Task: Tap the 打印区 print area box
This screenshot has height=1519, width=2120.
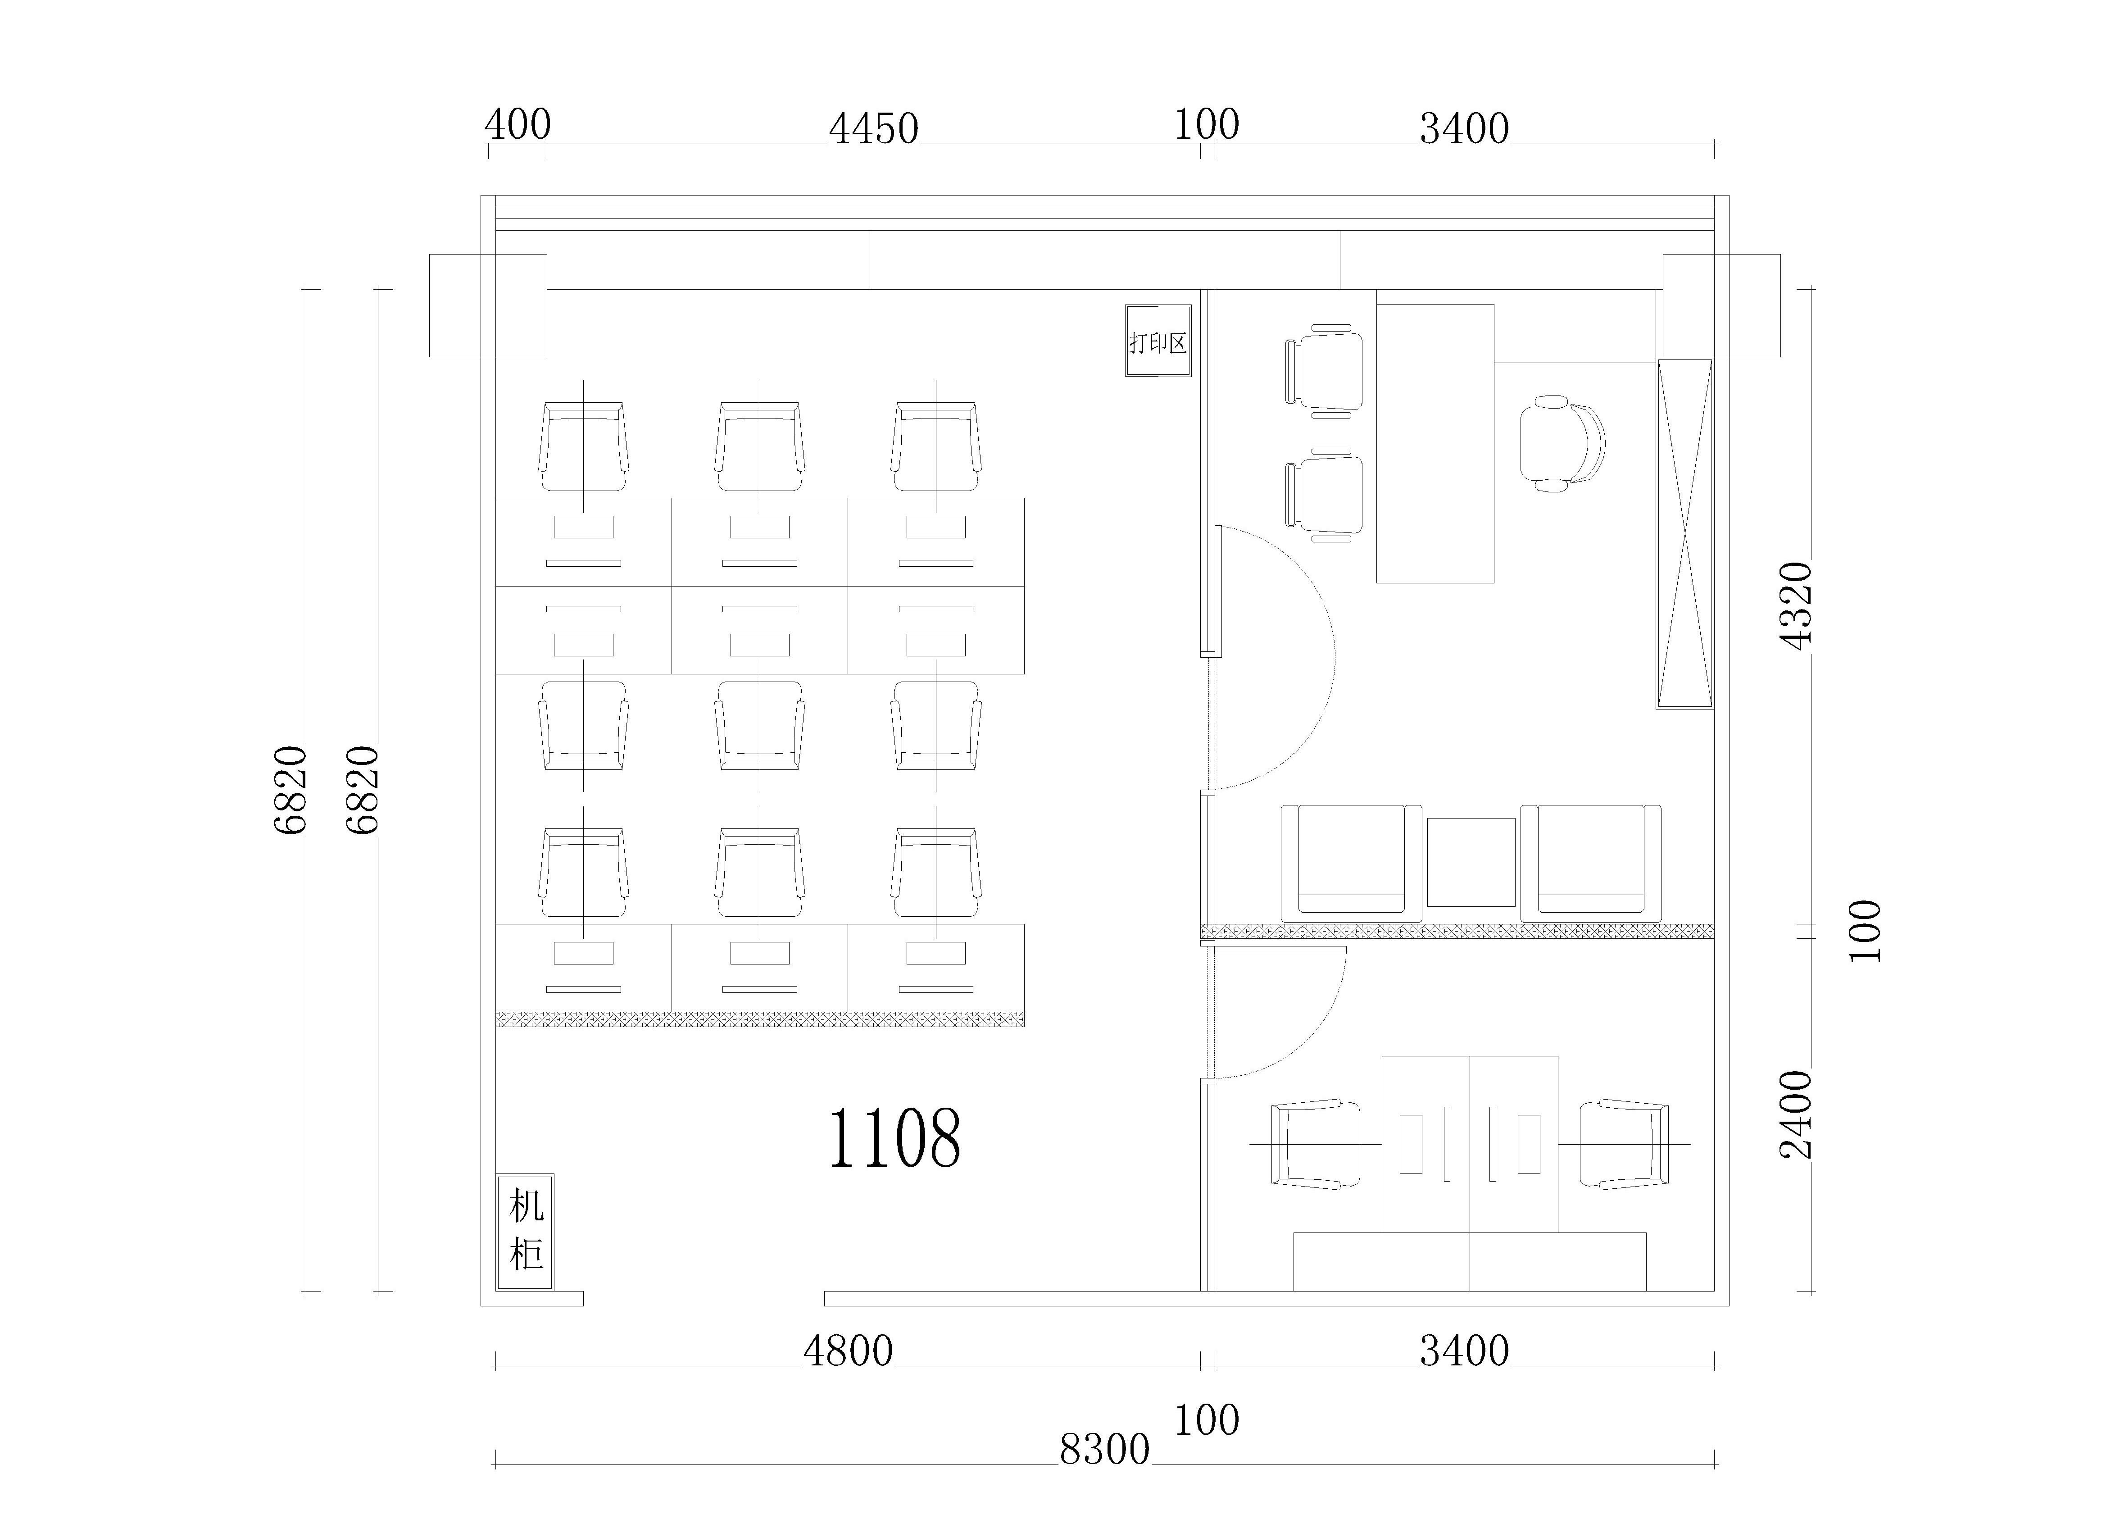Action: coord(1158,341)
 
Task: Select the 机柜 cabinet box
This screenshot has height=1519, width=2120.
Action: coord(525,1232)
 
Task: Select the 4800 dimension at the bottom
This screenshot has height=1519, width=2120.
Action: coord(848,1351)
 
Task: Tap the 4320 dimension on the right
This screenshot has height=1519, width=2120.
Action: coord(1796,605)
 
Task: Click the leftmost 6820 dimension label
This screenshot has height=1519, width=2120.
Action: coord(291,790)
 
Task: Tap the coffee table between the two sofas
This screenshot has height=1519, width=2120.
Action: coord(1471,862)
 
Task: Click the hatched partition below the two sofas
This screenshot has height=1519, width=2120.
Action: coord(1458,931)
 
